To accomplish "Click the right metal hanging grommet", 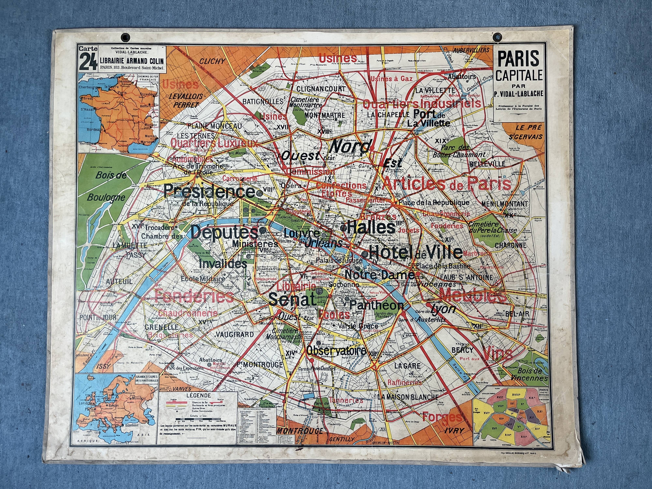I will point(497,37).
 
